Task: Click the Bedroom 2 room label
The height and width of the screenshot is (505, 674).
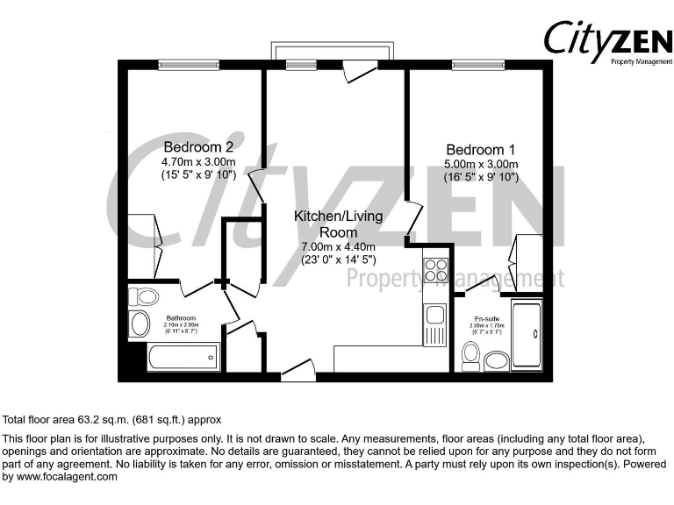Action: point(198,146)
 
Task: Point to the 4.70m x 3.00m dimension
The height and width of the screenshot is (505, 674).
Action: point(198,162)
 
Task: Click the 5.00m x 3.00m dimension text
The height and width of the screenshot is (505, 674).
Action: point(481,164)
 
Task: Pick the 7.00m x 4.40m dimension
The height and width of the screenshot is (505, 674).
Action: point(338,247)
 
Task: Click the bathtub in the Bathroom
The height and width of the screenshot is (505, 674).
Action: point(183,357)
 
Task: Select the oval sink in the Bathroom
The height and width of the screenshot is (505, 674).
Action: point(140,325)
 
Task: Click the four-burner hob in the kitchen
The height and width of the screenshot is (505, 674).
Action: point(436,271)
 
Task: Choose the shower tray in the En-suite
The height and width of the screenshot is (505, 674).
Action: point(527,336)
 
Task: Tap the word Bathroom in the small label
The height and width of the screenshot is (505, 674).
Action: point(181,317)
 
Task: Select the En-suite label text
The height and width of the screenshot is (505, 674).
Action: point(486,317)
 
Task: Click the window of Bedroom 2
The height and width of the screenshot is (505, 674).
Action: point(188,63)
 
